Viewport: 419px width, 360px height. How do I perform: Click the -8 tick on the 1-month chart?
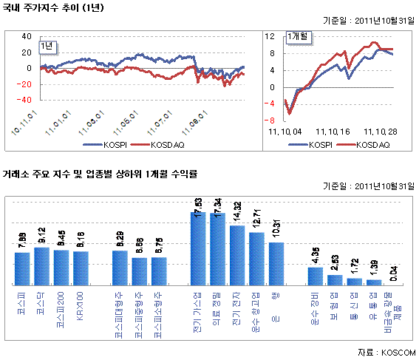[270, 120]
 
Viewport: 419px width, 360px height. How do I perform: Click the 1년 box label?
[47, 46]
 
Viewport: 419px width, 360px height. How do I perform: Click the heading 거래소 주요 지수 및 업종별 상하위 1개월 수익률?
[101, 175]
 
